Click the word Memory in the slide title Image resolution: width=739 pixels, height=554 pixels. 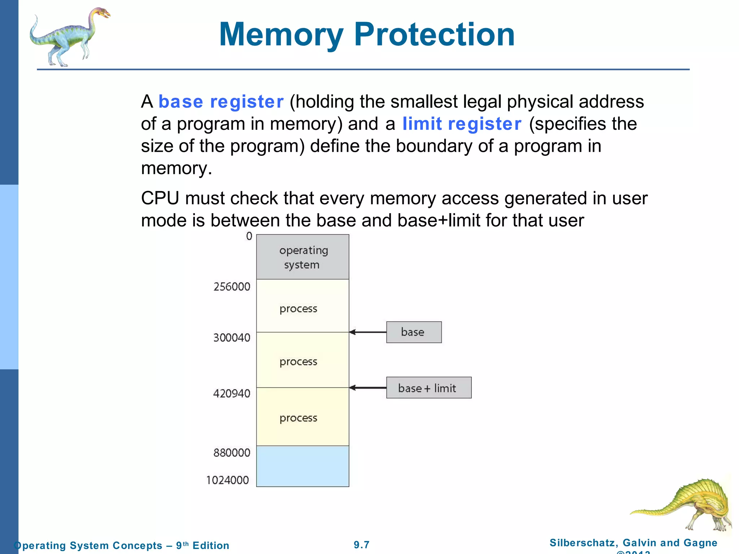tap(281, 35)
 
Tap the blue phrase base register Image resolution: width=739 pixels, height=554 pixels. tap(221, 102)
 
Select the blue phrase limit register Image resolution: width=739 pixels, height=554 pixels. tap(462, 124)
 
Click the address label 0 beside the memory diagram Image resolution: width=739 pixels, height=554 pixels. tap(249, 236)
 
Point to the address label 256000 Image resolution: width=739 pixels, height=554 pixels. tap(232, 287)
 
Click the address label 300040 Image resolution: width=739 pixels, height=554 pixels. tap(232, 338)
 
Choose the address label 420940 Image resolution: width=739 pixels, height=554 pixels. tap(232, 393)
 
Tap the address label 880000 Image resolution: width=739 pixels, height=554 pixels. tap(232, 453)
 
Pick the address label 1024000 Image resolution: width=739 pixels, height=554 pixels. tap(228, 480)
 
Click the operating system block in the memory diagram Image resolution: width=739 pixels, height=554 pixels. tap(302, 257)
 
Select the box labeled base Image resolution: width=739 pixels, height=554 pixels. tap(414, 332)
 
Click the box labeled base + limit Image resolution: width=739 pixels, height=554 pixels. tap(428, 388)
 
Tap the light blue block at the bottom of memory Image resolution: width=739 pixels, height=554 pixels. tap(302, 466)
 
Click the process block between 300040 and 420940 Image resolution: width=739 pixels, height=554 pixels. tap(302, 360)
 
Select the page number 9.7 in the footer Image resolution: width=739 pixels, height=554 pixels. tap(362, 545)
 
